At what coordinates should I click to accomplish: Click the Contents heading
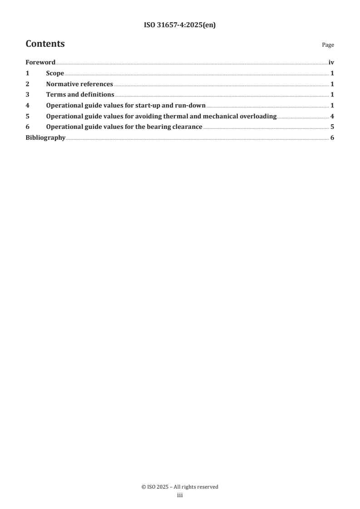pos(45,44)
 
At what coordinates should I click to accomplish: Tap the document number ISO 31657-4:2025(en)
pos(180,25)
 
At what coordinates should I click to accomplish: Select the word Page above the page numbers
pos(328,45)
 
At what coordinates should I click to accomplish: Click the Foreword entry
pos(40,63)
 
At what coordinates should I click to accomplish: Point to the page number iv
pos(331,63)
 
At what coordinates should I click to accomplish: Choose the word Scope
pos(55,73)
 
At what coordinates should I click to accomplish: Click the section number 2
pos(27,84)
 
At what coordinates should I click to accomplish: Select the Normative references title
pos(79,84)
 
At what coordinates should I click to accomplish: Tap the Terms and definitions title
pos(80,95)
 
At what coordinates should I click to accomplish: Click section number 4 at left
pos(27,106)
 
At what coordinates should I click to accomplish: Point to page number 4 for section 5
pos(332,117)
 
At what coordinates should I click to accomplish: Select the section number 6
pos(27,127)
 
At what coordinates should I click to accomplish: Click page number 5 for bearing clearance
pos(332,127)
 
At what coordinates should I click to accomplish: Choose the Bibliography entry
pos(45,138)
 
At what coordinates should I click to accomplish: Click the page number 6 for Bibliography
pos(332,138)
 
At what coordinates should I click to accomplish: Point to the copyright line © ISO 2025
pos(180,487)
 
